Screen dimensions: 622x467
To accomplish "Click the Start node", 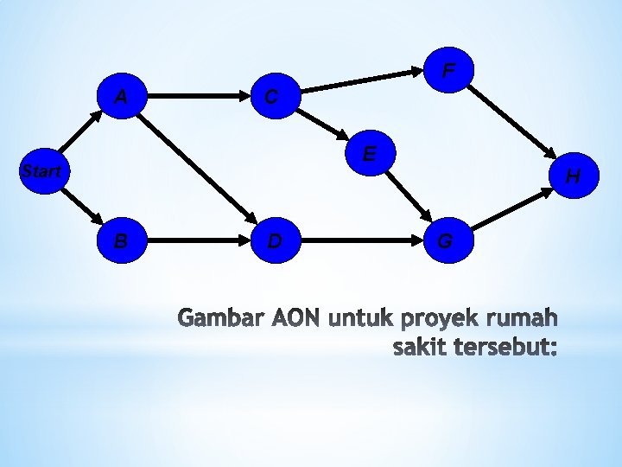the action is pyautogui.click(x=44, y=171).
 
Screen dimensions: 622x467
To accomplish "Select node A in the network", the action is pyautogui.click(x=122, y=96).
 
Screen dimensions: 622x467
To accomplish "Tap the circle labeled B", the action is pyautogui.click(x=122, y=240).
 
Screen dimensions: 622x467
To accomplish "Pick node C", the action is pyautogui.click(x=276, y=96).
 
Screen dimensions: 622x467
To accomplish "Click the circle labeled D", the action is pyautogui.click(x=276, y=240).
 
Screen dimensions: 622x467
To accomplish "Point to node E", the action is pyautogui.click(x=370, y=153).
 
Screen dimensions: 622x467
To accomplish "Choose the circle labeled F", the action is pyautogui.click(x=448, y=70).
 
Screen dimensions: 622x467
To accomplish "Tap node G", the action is pyautogui.click(x=448, y=240).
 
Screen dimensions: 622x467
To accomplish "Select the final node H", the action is pyautogui.click(x=574, y=175).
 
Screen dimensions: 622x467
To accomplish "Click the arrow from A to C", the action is pyautogui.click(x=199, y=96).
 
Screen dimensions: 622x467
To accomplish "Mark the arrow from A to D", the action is pyautogui.click(x=197, y=168).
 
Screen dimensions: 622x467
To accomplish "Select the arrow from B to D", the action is pyautogui.click(x=199, y=240).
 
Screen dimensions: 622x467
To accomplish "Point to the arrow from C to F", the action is pyautogui.click(x=362, y=81).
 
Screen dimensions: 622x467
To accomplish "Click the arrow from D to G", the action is pyautogui.click(x=362, y=240).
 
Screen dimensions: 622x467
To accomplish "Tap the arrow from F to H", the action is pyautogui.click(x=511, y=122).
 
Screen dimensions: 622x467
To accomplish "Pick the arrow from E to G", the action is pyautogui.click(x=408, y=195).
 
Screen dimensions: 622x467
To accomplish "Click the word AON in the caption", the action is pyautogui.click(x=295, y=317).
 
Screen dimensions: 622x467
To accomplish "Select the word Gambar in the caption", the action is pyautogui.click(x=221, y=317).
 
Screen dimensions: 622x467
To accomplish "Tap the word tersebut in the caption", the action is pyautogui.click(x=503, y=348).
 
